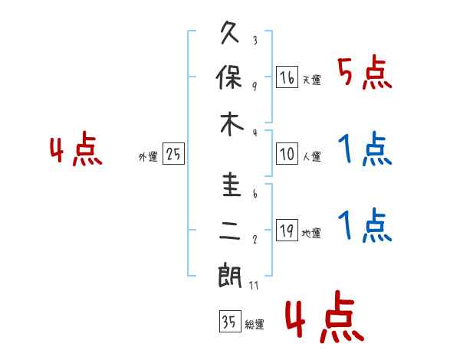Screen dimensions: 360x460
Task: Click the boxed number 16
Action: (287, 77)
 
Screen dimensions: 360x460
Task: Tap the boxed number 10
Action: (287, 154)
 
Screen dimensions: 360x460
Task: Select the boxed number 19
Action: (287, 231)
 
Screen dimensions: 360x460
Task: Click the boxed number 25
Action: (173, 154)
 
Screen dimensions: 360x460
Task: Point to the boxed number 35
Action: (228, 321)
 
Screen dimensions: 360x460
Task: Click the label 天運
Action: (311, 80)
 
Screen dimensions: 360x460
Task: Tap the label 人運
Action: (311, 156)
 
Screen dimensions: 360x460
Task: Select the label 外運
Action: (148, 156)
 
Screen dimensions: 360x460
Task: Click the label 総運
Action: (254, 324)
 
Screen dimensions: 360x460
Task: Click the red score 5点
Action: (363, 74)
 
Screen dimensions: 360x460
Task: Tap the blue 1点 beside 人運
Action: (363, 150)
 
